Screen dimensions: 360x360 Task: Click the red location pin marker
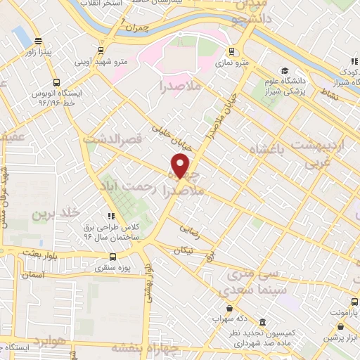(x=181, y=165)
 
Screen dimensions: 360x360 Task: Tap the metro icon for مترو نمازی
(x=231, y=51)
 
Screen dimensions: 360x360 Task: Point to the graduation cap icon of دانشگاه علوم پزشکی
(x=285, y=70)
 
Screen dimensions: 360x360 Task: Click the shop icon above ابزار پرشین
(x=340, y=326)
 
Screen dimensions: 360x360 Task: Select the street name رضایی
(x=189, y=229)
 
